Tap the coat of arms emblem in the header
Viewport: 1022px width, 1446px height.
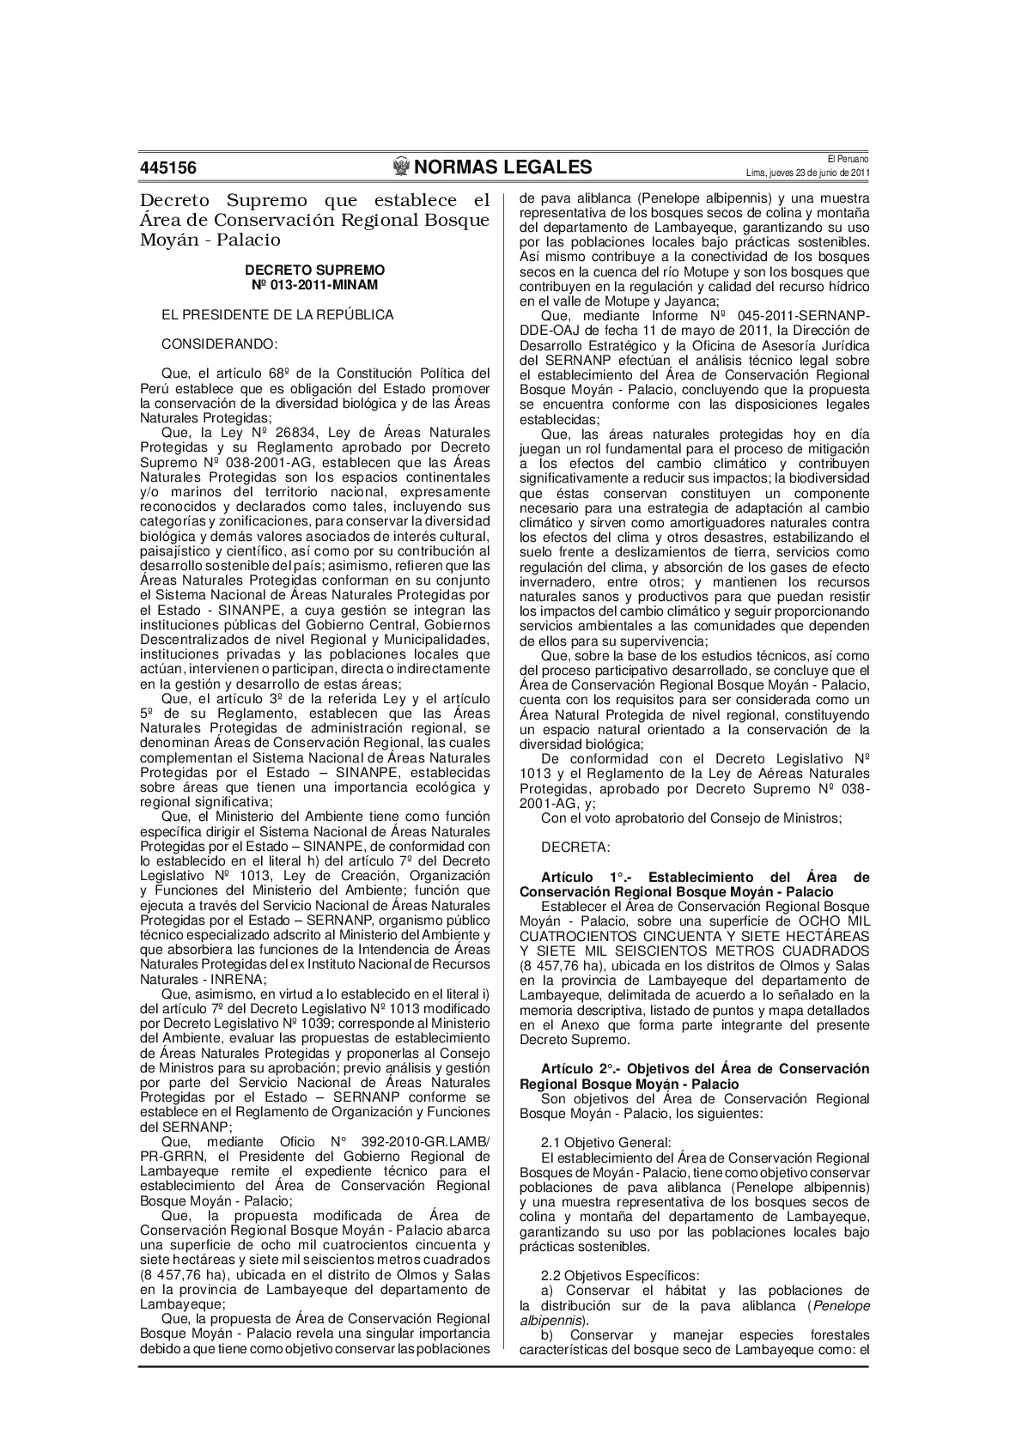click(x=400, y=167)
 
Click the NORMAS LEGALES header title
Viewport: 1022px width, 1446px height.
click(x=503, y=167)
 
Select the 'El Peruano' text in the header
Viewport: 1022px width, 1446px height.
click(x=849, y=159)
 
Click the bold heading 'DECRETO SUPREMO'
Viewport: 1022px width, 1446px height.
click(x=315, y=270)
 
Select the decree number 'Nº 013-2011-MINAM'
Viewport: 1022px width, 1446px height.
click(x=315, y=283)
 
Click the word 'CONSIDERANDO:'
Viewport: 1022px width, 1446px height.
click(x=220, y=344)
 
